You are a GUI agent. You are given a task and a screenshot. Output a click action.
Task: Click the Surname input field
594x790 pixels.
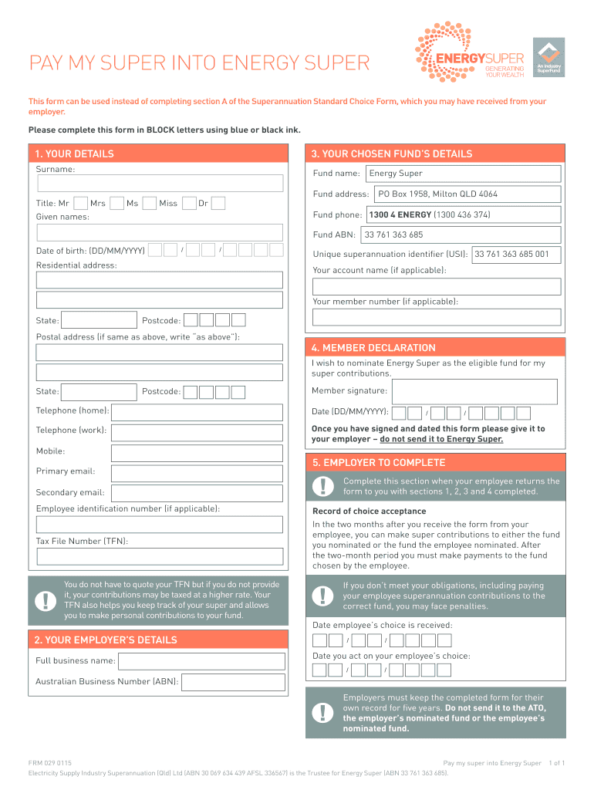(x=160, y=184)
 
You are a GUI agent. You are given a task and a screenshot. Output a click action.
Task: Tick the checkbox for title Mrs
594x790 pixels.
(x=117, y=204)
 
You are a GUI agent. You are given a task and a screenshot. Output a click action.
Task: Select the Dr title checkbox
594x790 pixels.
(x=218, y=204)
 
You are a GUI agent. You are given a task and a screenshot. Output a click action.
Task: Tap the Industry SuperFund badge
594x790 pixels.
(x=548, y=57)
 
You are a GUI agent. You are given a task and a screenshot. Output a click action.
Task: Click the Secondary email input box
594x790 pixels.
(x=197, y=493)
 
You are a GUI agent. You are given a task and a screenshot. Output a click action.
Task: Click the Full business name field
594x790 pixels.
(x=201, y=661)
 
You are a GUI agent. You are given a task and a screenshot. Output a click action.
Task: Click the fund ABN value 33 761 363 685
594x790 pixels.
(x=394, y=235)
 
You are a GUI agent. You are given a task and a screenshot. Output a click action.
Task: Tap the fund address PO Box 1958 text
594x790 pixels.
(x=437, y=194)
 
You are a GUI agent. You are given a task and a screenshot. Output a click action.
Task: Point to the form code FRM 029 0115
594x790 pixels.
(x=50, y=763)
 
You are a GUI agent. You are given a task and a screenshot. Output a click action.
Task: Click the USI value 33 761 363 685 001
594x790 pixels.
(x=512, y=254)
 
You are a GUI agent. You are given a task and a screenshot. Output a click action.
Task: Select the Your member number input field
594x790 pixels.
(x=436, y=318)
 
